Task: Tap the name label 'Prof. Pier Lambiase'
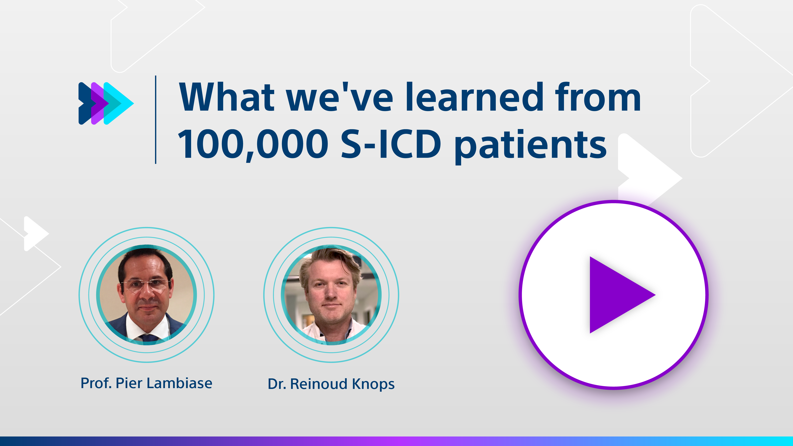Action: pos(146,383)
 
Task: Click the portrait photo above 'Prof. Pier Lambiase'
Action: pos(147,295)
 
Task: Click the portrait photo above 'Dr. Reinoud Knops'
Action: pos(331,295)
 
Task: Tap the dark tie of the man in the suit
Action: pos(150,338)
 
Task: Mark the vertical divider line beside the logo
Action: pos(156,119)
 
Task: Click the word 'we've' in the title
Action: pos(340,97)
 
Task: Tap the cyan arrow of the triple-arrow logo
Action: pos(119,103)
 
